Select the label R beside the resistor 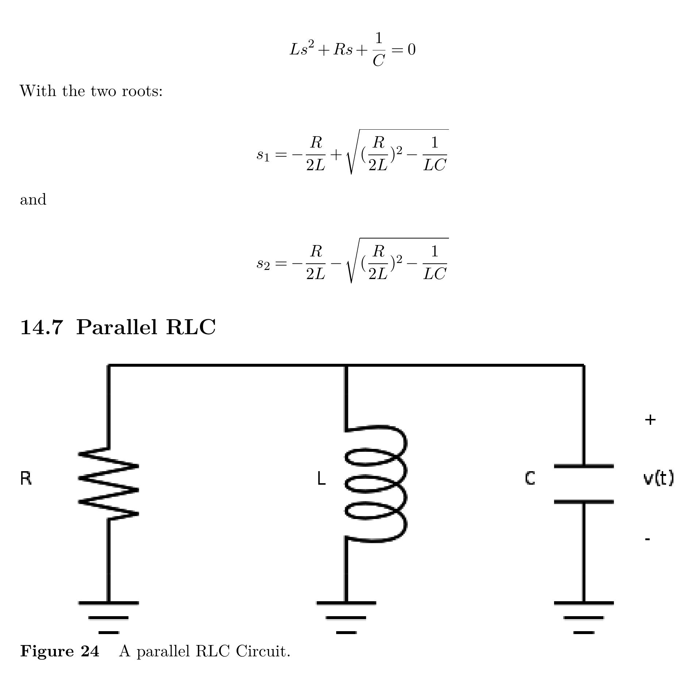[x=26, y=478]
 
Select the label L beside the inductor [x=321, y=478]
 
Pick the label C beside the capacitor [x=530, y=478]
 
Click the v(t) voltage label [x=658, y=478]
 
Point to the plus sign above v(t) [x=650, y=420]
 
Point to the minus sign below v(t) [x=648, y=539]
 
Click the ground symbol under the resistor [x=108, y=617]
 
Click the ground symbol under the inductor [x=346, y=617]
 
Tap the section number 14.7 [x=42, y=327]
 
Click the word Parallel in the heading [x=117, y=327]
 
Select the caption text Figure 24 [x=59, y=651]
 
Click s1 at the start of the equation [x=263, y=155]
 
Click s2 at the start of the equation [x=263, y=263]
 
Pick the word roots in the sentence [x=142, y=91]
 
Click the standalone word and [x=33, y=200]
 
